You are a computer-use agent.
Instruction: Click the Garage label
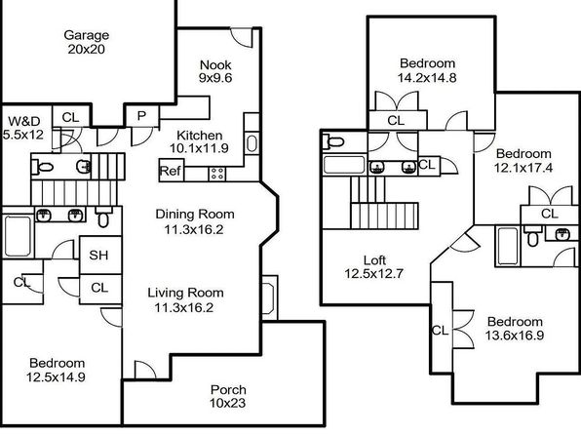coord(87,35)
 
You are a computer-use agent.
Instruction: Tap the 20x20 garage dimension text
coord(87,49)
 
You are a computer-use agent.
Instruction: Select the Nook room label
coord(215,65)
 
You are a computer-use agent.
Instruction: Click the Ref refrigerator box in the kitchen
coord(172,171)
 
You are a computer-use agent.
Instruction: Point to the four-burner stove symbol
coord(216,174)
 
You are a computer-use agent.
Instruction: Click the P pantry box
coord(142,116)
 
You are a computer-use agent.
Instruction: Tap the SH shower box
coord(100,255)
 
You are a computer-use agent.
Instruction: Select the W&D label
coord(24,121)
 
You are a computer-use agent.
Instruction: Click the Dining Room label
coord(195,214)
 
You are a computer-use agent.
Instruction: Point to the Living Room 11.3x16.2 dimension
coord(184,308)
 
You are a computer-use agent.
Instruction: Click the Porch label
coord(228,389)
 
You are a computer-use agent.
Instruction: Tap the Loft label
coord(374,260)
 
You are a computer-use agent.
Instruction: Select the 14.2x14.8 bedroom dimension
coord(427,78)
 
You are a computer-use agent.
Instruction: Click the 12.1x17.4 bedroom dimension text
coord(523,168)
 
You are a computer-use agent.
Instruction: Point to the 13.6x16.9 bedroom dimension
coord(515,336)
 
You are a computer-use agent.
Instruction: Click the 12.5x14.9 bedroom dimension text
coord(56,377)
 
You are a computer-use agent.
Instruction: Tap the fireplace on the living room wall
coord(269,297)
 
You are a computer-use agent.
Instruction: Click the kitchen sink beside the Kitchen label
coord(252,143)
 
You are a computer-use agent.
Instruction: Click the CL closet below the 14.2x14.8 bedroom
coord(397,120)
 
